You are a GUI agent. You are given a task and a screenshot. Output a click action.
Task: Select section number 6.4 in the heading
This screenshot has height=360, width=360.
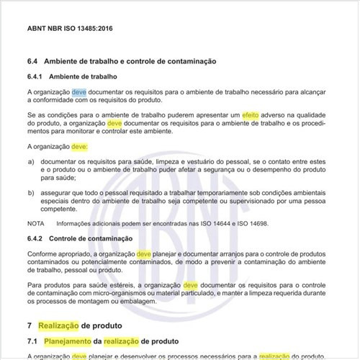32,62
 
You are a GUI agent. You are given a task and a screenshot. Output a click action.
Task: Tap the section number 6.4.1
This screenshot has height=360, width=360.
36,76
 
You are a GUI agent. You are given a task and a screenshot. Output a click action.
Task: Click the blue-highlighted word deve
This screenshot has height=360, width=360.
79,93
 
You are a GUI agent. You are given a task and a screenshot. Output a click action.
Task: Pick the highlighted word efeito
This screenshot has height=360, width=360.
251,115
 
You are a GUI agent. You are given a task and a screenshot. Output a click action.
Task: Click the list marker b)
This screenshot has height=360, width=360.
31,194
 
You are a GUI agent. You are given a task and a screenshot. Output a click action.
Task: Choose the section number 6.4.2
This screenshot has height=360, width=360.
36,238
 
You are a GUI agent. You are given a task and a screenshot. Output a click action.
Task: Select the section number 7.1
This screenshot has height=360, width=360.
32,340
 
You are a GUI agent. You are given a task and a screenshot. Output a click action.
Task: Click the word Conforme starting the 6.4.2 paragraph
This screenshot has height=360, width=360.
45,254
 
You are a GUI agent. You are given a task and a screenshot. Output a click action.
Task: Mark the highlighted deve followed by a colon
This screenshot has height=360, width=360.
80,146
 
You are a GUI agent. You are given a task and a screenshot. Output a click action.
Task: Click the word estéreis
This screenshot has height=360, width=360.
125,286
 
